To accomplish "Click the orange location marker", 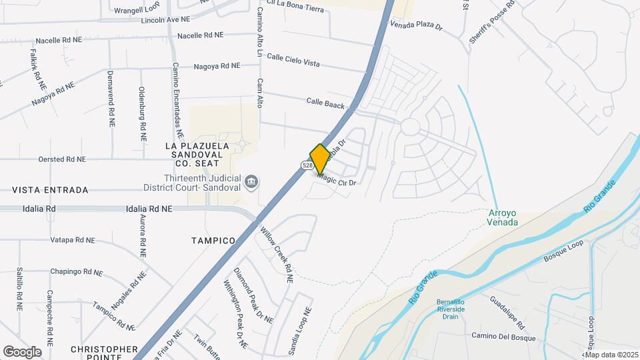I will tap(319, 159).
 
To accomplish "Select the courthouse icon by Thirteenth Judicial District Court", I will tap(251, 181).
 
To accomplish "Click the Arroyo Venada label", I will tap(503, 217).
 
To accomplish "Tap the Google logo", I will tap(22, 351).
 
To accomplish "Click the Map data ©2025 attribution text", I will tap(611, 355).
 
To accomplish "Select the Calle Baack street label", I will tap(325, 104).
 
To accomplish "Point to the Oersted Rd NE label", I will tap(62, 159).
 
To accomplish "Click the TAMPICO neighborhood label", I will tap(213, 240).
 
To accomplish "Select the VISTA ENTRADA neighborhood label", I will tap(50, 190).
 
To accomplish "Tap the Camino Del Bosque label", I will tap(500, 335).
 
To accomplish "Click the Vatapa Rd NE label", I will tap(73, 239).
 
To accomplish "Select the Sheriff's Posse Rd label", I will tap(491, 25).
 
